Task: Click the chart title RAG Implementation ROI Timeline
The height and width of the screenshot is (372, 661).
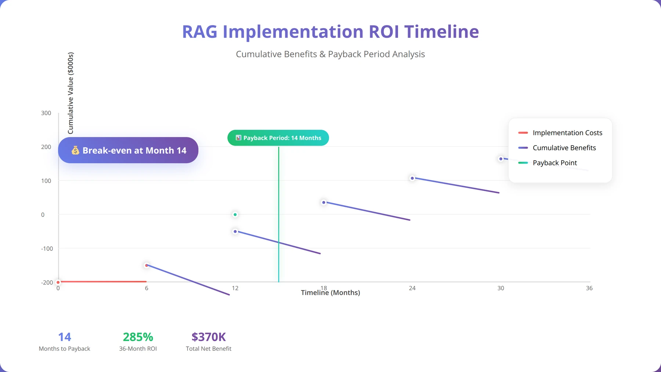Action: (330, 32)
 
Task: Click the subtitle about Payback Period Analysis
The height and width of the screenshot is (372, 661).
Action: (330, 54)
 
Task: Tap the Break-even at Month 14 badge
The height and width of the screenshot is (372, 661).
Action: (128, 150)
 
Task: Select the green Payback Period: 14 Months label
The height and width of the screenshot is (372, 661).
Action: (278, 138)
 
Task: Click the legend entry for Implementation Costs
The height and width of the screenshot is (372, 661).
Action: (560, 133)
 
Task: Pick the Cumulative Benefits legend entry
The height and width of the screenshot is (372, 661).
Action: (557, 148)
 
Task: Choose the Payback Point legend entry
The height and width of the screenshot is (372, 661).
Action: (548, 163)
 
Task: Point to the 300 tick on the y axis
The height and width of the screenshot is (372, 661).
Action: (46, 113)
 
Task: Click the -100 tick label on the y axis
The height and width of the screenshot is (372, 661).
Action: (47, 248)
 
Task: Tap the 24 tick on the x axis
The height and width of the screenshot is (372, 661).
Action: (412, 288)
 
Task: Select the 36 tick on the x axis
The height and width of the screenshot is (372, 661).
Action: (589, 288)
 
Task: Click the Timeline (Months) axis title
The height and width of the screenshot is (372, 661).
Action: (330, 293)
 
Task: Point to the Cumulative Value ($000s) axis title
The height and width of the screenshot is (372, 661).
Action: (71, 93)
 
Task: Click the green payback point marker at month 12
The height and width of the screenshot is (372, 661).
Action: (235, 215)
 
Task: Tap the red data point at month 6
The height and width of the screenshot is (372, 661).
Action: (147, 265)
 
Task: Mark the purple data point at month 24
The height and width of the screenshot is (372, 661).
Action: (412, 178)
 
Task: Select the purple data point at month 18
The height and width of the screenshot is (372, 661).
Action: (324, 203)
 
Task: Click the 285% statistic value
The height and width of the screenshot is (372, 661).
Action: (138, 337)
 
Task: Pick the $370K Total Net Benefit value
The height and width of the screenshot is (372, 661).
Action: (209, 337)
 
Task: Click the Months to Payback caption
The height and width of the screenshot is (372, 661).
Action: (64, 349)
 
